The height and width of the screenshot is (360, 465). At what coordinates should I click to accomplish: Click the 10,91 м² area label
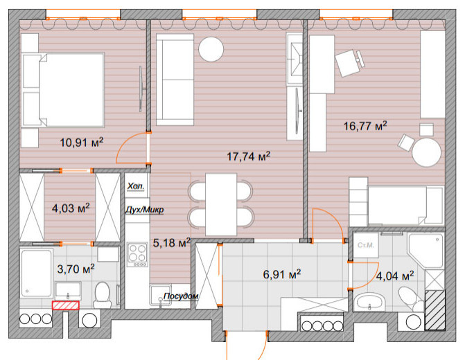(x=82, y=142)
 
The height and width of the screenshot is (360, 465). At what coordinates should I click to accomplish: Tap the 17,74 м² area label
(x=249, y=156)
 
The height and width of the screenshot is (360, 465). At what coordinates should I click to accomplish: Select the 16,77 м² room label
(x=365, y=125)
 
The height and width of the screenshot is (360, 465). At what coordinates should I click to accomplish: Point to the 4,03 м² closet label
(x=71, y=208)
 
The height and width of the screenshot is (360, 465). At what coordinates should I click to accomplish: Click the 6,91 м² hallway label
(x=282, y=274)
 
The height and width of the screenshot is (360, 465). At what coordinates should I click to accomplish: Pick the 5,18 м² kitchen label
(x=171, y=243)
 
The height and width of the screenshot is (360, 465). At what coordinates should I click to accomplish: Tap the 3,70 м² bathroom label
(x=76, y=269)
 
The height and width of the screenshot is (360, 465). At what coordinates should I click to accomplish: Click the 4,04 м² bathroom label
(x=395, y=276)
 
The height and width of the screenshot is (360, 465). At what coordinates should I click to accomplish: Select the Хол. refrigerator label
(x=136, y=186)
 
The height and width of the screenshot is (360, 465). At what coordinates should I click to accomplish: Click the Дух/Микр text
(x=144, y=210)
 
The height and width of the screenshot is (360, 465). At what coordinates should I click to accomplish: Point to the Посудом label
(x=181, y=296)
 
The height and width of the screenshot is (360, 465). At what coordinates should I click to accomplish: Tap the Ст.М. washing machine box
(x=366, y=245)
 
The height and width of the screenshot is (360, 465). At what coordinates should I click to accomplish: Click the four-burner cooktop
(x=137, y=254)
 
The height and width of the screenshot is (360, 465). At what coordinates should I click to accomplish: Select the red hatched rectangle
(x=66, y=305)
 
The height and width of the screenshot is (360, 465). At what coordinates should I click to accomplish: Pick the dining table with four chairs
(x=220, y=204)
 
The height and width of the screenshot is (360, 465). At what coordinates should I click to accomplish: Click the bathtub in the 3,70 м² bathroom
(x=36, y=273)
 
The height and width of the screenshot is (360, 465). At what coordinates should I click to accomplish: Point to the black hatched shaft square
(x=435, y=310)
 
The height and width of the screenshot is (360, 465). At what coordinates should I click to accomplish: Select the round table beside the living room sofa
(x=211, y=49)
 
